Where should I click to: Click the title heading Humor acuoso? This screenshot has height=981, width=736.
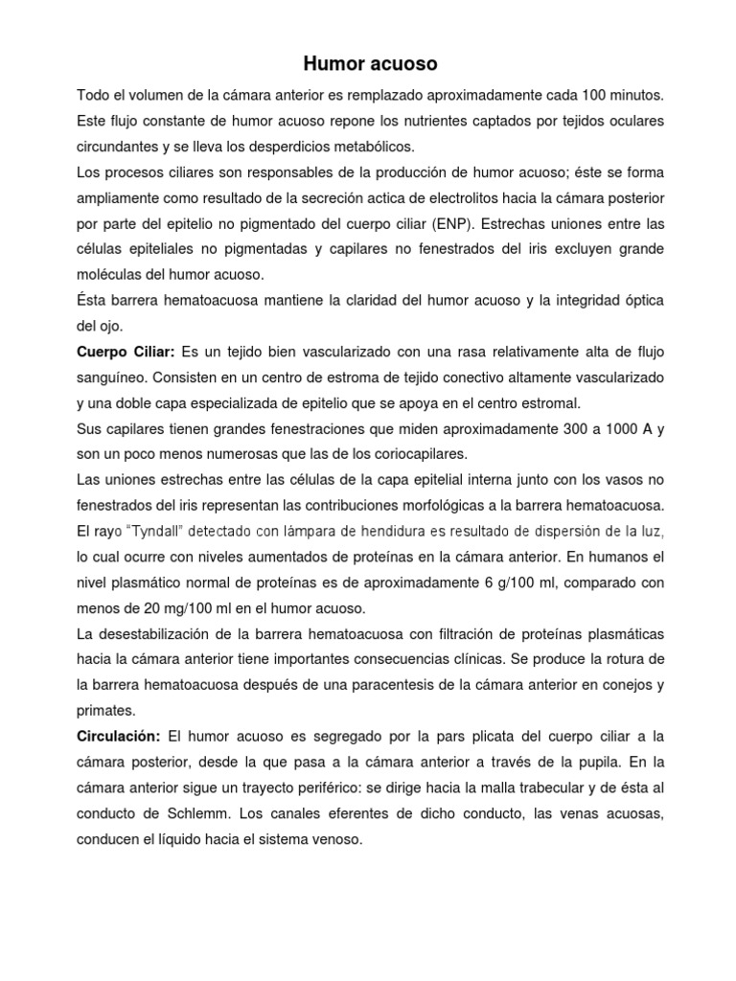[370, 64]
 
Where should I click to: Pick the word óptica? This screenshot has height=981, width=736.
[640, 301]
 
